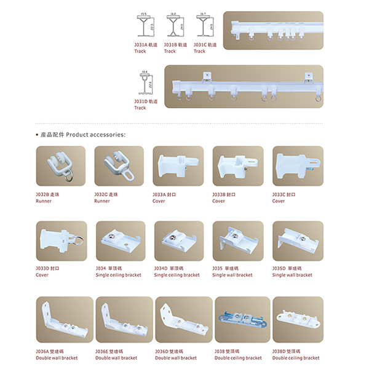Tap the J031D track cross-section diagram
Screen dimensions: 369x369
(x=146, y=85)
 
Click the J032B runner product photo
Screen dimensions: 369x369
(x=60, y=167)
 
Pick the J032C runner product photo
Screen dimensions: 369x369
(x=119, y=167)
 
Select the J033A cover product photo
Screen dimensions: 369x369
(x=178, y=167)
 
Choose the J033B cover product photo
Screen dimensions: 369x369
(x=238, y=167)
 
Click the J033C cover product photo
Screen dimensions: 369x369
(x=298, y=167)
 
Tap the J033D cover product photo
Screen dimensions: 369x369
(x=60, y=241)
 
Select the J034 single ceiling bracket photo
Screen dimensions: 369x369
(x=119, y=241)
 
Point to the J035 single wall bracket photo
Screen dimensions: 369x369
(x=238, y=241)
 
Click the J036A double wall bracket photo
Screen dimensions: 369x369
(x=60, y=320)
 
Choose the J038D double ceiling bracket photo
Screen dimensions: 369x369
(x=298, y=320)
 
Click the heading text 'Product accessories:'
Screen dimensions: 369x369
(x=95, y=134)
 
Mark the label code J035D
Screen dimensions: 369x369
(x=281, y=268)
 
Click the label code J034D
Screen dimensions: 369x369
(x=162, y=268)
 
